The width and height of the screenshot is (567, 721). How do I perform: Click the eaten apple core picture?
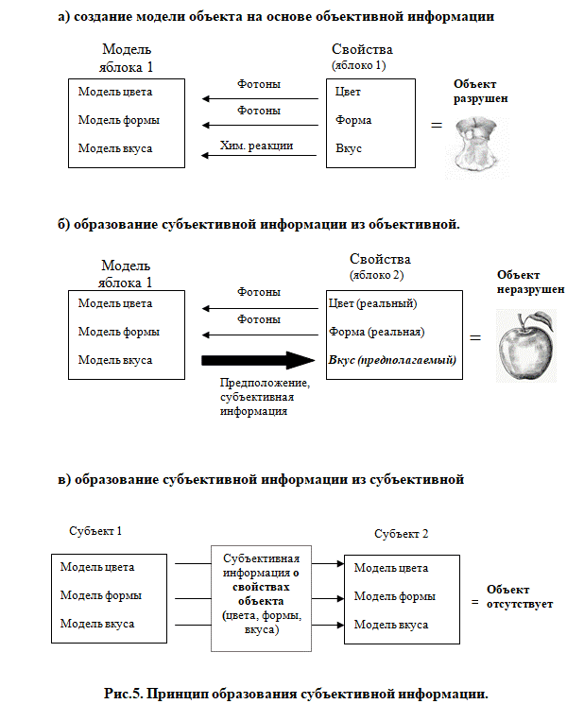click(x=476, y=146)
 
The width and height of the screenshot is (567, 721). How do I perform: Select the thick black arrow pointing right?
click(x=258, y=360)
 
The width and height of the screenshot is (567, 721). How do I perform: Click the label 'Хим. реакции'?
click(x=256, y=146)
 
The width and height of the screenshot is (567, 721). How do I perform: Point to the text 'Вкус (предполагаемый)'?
click(x=392, y=360)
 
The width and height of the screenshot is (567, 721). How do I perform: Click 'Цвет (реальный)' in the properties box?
click(x=372, y=303)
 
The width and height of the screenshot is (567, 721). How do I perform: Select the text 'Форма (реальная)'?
click(x=376, y=332)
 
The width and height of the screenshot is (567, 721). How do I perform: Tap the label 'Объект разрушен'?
click(x=481, y=91)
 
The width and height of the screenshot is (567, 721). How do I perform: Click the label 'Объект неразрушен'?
click(x=530, y=282)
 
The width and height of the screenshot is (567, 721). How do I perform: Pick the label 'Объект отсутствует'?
click(x=520, y=596)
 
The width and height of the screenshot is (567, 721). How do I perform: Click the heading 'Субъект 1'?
click(x=95, y=531)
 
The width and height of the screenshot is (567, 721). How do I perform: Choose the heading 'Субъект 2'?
click(x=401, y=533)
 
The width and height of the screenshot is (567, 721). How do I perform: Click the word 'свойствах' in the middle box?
click(x=261, y=587)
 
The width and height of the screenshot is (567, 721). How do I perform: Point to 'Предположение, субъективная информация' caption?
click(x=265, y=396)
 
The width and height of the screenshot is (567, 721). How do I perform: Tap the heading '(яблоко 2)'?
click(x=377, y=275)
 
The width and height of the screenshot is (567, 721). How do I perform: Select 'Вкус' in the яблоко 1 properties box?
click(x=349, y=148)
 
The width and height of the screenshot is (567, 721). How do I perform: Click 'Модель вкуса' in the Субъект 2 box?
click(x=391, y=625)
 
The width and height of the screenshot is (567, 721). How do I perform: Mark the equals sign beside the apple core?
click(x=437, y=125)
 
